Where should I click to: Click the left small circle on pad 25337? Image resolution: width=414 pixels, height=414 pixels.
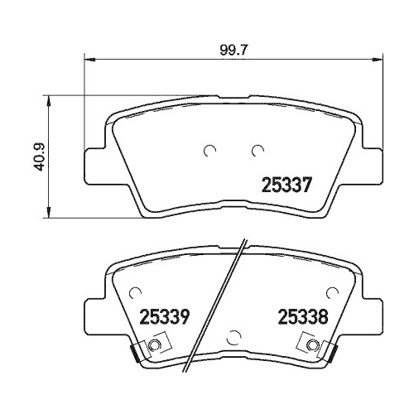(x=209, y=151)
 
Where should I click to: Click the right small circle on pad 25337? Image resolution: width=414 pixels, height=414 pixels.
(x=257, y=151)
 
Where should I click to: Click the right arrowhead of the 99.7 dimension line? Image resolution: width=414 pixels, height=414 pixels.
(x=378, y=59)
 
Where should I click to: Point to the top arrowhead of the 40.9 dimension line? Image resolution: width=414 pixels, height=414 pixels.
(x=53, y=101)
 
